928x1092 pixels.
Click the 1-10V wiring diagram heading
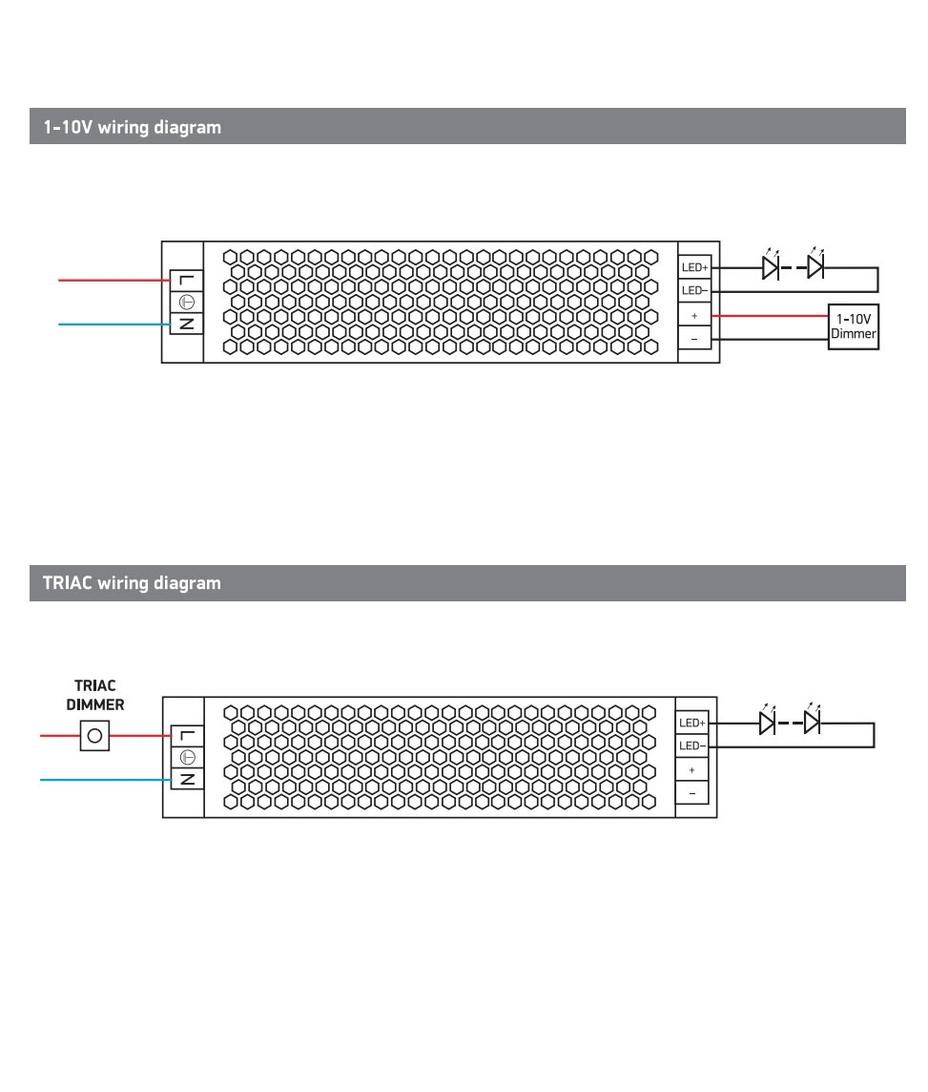click(132, 127)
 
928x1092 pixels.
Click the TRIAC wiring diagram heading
click(132, 583)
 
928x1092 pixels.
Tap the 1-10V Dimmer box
click(853, 326)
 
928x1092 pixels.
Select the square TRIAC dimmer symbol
click(94, 736)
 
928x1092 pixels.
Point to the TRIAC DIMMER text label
click(94, 695)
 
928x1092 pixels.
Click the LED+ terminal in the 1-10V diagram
click(694, 268)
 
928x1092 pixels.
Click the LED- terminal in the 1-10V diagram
click(694, 290)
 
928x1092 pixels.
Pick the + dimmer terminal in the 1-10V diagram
click(694, 315)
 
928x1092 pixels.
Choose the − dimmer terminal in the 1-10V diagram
click(694, 338)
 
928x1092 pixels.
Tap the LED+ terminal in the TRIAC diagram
click(691, 724)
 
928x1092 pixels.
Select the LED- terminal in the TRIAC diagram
click(691, 745)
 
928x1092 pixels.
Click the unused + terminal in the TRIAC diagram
click(691, 769)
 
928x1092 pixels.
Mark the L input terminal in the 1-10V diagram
click(187, 280)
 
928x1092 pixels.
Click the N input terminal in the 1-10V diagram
click(187, 324)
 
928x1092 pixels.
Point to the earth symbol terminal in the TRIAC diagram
click(187, 757)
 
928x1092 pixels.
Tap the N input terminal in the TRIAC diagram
click(187, 779)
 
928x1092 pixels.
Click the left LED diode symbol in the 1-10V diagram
click(770, 267)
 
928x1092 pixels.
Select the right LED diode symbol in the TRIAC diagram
click(812, 723)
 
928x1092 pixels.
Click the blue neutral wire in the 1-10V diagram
click(114, 325)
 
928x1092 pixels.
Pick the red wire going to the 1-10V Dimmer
click(769, 315)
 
